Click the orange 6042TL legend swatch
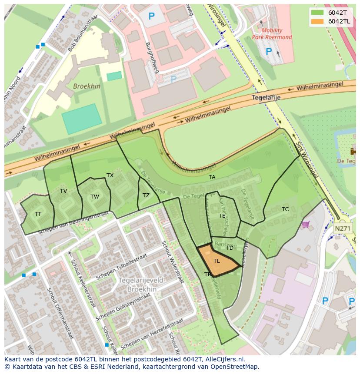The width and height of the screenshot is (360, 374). click(x=317, y=21)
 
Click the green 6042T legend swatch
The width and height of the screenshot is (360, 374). click(x=317, y=13)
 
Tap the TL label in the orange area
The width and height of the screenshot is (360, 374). click(x=217, y=261)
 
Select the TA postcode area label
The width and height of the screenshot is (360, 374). click(x=212, y=177)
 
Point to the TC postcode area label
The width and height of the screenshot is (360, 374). click(x=285, y=209)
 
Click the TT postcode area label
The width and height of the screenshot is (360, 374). click(x=38, y=214)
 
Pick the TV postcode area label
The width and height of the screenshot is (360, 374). click(x=63, y=191)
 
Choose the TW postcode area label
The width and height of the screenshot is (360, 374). click(x=94, y=197)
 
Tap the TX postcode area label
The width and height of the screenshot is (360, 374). click(x=110, y=175)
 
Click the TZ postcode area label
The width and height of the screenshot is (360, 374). click(x=146, y=195)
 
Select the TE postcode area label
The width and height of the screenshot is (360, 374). click(x=222, y=216)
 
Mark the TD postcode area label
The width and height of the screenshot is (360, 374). click(x=230, y=248)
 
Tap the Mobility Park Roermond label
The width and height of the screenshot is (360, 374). click(x=272, y=34)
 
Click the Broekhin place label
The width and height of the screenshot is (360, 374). click(x=87, y=86)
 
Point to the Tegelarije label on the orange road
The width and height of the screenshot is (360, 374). click(x=266, y=98)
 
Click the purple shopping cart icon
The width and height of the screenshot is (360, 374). click(x=306, y=224)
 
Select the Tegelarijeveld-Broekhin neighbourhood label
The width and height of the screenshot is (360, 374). click(x=142, y=285)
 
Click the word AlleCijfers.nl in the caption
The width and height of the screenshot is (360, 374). click(x=224, y=360)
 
